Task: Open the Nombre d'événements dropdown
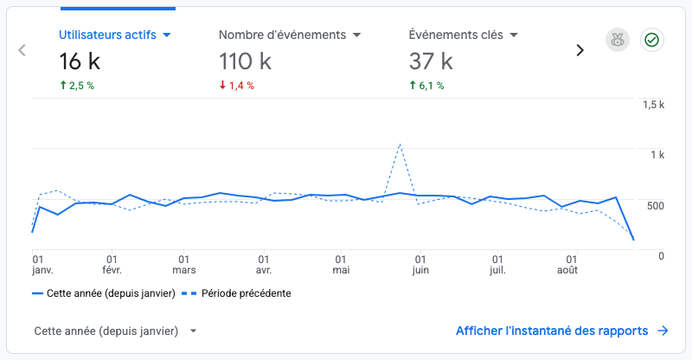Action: pos(357,35)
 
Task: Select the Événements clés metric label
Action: pos(456,35)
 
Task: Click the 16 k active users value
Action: pos(80,61)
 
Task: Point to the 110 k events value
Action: pos(246,61)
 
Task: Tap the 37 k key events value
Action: pos(431,61)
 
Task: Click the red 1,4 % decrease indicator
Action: pos(237,86)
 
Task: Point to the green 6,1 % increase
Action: pos(426,86)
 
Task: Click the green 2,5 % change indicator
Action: pos(77,86)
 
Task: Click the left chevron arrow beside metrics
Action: pos(22,50)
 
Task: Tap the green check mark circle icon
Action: pos(652,40)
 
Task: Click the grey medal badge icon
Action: pos(618,40)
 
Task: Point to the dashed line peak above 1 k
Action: pos(400,144)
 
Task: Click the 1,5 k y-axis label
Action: pos(654,105)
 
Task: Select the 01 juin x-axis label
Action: pos(420,265)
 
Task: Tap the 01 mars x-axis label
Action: pos(184,265)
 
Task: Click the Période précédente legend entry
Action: pos(236,293)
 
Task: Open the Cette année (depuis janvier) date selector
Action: pos(115,331)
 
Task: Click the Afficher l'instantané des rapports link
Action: pos(562,331)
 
